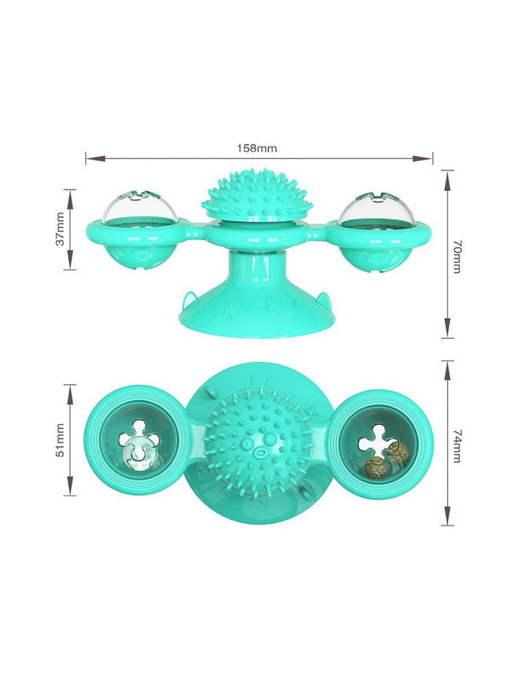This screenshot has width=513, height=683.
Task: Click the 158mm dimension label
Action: (x=256, y=148)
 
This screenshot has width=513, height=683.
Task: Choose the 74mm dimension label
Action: (x=457, y=446)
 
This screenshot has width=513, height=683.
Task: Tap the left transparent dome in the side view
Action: (x=140, y=207)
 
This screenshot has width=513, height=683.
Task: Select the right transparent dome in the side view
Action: (x=375, y=207)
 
